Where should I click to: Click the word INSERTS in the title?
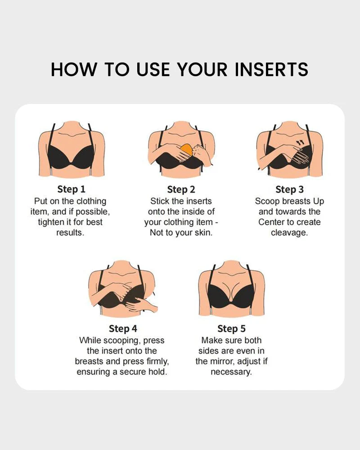(271, 70)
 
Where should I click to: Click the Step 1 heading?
(71, 189)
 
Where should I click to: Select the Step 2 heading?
(180, 189)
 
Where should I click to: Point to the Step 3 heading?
(289, 189)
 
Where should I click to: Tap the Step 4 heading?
(122, 328)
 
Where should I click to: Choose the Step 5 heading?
(231, 328)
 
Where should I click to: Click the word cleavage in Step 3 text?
(289, 233)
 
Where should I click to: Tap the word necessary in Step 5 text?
(231, 372)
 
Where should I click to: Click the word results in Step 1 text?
(70, 233)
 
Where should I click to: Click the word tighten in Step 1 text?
(54, 222)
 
